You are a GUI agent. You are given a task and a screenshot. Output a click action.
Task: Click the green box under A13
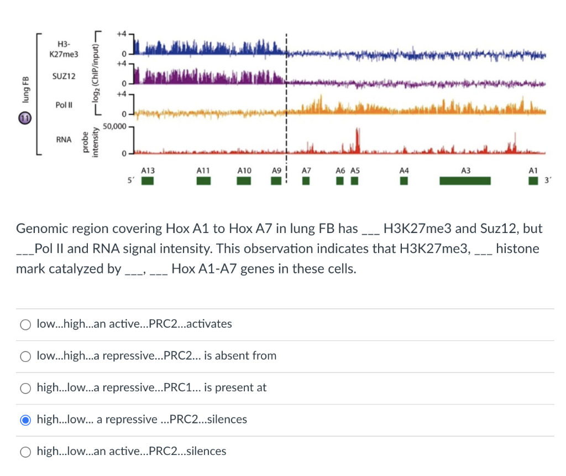[x=147, y=181]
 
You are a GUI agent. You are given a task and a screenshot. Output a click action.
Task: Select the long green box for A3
[x=465, y=181]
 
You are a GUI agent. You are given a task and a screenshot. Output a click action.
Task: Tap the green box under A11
[x=205, y=181]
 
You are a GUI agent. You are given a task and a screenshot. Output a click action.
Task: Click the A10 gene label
[x=244, y=171]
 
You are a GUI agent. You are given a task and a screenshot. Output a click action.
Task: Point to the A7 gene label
[x=306, y=171]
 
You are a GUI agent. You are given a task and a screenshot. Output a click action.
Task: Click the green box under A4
[x=404, y=181]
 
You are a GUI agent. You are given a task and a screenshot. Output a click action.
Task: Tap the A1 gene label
[x=533, y=171]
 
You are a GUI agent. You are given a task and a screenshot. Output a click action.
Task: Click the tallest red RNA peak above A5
[x=357, y=138]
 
